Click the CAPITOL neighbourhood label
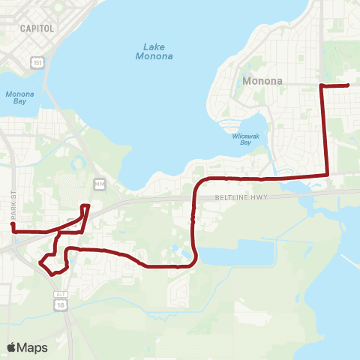[x=37, y=28]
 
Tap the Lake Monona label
[x=154, y=51]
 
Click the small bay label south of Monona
[x=244, y=139]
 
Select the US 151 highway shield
[x=37, y=64]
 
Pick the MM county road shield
[x=99, y=184]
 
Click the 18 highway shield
[x=60, y=305]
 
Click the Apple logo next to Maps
[x=11, y=347]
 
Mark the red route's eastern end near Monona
[x=349, y=85]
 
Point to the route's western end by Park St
[x=12, y=224]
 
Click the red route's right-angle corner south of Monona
[x=328, y=175]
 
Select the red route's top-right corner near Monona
[x=322, y=86]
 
